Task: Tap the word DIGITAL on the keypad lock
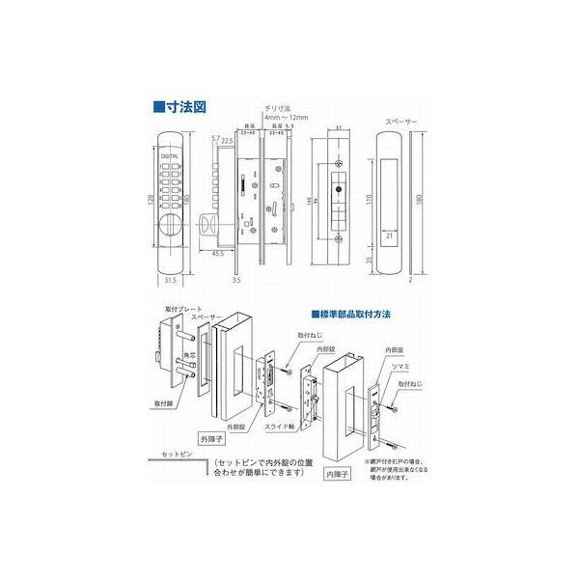coord(165,152)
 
